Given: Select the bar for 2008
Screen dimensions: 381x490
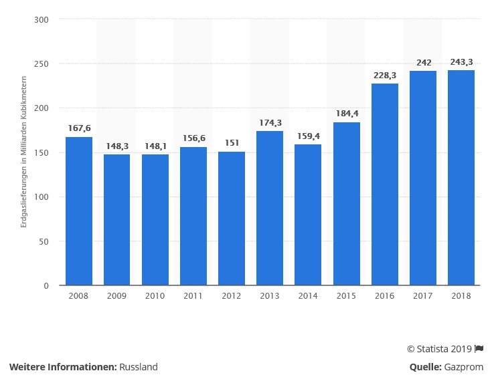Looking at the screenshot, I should click(79, 211).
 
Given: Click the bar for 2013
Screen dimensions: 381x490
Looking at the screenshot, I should click(270, 208).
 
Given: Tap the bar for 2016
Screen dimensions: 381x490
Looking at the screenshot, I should click(385, 184).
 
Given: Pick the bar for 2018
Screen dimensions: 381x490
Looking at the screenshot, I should click(461, 178).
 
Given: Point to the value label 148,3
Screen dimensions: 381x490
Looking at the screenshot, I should click(117, 145).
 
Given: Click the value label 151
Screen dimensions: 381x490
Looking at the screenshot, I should click(232, 142).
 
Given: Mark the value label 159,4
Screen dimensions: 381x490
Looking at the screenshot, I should click(308, 135).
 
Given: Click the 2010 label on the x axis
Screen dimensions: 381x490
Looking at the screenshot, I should click(155, 295).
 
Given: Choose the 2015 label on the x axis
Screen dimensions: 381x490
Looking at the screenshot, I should click(347, 295).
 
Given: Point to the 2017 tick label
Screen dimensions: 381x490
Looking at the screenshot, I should click(423, 295).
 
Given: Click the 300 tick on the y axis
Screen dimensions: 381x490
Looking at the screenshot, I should click(42, 19).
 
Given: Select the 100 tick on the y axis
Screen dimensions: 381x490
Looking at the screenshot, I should click(42, 197).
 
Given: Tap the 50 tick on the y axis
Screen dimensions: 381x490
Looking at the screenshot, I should click(44, 241).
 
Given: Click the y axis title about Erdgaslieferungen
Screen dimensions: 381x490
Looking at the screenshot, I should click(23, 152).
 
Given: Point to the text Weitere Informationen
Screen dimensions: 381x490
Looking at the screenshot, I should click(63, 367).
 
